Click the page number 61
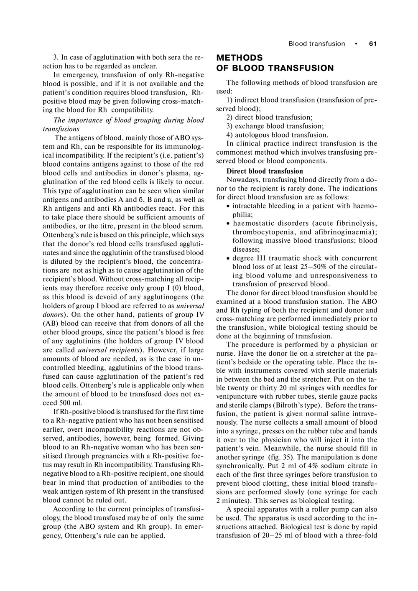pos(373,44)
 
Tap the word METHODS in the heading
pos(240,58)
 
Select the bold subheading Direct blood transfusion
pos(265,171)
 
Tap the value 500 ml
pos(71,403)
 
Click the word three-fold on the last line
pos(362,535)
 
